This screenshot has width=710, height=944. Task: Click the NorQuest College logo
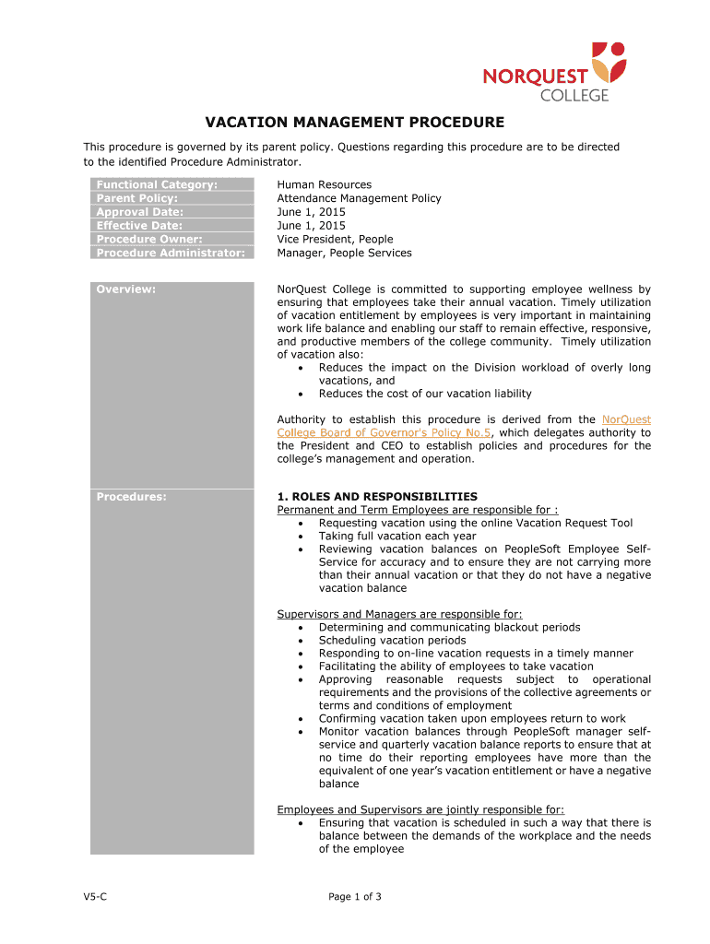pyautogui.click(x=554, y=71)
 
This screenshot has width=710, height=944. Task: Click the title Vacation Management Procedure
pyautogui.click(x=354, y=122)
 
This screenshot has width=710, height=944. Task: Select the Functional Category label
pyautogui.click(x=158, y=184)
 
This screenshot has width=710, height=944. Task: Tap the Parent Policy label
pyautogui.click(x=137, y=198)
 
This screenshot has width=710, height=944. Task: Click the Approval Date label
pyautogui.click(x=140, y=212)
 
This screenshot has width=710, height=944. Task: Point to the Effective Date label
pyautogui.click(x=140, y=226)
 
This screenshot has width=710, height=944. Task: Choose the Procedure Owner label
pyautogui.click(x=149, y=240)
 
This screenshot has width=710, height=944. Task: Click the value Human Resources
pyautogui.click(x=325, y=184)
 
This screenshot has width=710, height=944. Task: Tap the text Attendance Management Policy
pyautogui.click(x=359, y=198)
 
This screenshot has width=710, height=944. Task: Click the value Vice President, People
pyautogui.click(x=335, y=240)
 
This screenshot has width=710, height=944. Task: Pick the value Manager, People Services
pyautogui.click(x=344, y=254)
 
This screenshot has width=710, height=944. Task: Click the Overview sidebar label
pyautogui.click(x=126, y=289)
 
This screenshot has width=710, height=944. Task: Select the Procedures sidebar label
pyautogui.click(x=132, y=497)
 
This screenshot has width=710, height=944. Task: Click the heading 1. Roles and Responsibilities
pyautogui.click(x=377, y=497)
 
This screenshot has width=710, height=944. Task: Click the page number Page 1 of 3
pyautogui.click(x=355, y=897)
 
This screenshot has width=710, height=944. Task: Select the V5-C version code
pyautogui.click(x=96, y=897)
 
